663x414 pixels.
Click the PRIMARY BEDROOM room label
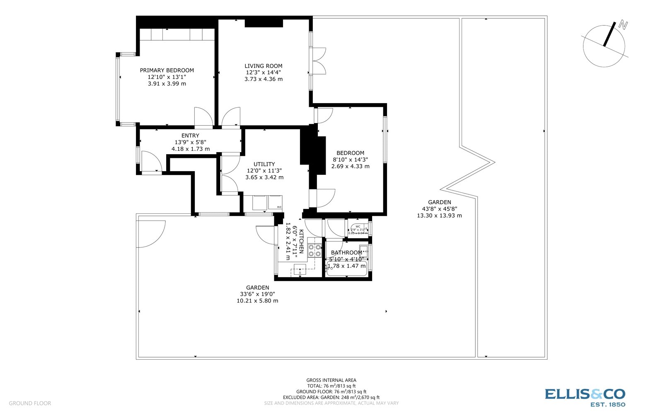[x=167, y=70]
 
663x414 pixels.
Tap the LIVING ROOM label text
[x=263, y=66]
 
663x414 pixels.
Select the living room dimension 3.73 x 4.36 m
[x=263, y=79]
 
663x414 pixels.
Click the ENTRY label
[x=190, y=136]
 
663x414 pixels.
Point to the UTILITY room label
[x=264, y=164]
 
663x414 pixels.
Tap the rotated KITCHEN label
[x=302, y=241]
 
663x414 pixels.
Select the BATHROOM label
[x=346, y=253]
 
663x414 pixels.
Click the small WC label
[x=358, y=226]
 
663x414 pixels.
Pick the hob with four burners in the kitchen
[x=315, y=251]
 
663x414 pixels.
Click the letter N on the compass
[x=622, y=25]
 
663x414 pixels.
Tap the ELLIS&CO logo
[x=585, y=397]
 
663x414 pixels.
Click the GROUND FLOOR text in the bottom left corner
[x=30, y=403]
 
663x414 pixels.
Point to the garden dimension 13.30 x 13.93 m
[x=439, y=215]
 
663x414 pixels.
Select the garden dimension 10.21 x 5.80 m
[x=257, y=301]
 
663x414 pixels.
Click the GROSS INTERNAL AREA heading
[x=331, y=380]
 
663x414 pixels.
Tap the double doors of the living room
[x=319, y=61]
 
